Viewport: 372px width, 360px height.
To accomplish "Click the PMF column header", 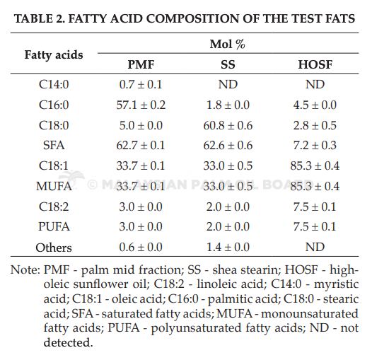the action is click(x=141, y=64).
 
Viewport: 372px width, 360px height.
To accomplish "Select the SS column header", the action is click(x=228, y=64).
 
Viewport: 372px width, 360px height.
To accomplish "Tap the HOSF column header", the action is click(x=315, y=64).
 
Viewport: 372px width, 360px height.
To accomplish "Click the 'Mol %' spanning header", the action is click(x=227, y=44).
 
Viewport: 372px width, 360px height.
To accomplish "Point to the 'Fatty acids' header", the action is click(x=54, y=55).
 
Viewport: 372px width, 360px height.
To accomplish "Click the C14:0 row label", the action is click(x=54, y=84).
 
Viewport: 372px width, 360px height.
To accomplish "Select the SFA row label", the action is click(x=54, y=145).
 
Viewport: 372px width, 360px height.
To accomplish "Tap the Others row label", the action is click(x=54, y=248).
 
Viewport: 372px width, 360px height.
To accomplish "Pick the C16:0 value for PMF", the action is click(x=141, y=105).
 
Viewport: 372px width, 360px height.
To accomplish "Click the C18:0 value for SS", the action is click(x=228, y=125).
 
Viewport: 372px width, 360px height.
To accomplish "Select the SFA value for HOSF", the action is click(x=315, y=145).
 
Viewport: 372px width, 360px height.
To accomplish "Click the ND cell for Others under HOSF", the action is click(x=315, y=248).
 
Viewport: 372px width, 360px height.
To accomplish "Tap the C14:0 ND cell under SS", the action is click(x=228, y=84).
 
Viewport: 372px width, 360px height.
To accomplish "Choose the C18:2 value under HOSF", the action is click(x=315, y=207).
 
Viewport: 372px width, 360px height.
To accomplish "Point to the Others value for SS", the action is click(x=228, y=248).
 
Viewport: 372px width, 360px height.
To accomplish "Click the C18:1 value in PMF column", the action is click(x=141, y=166).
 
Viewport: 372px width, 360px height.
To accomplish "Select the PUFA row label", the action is click(x=54, y=226).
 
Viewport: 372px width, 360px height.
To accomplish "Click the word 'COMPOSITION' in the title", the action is click(x=192, y=18).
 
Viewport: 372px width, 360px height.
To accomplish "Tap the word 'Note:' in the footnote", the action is click(x=25, y=269).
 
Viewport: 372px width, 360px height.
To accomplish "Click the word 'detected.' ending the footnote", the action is click(x=68, y=342).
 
